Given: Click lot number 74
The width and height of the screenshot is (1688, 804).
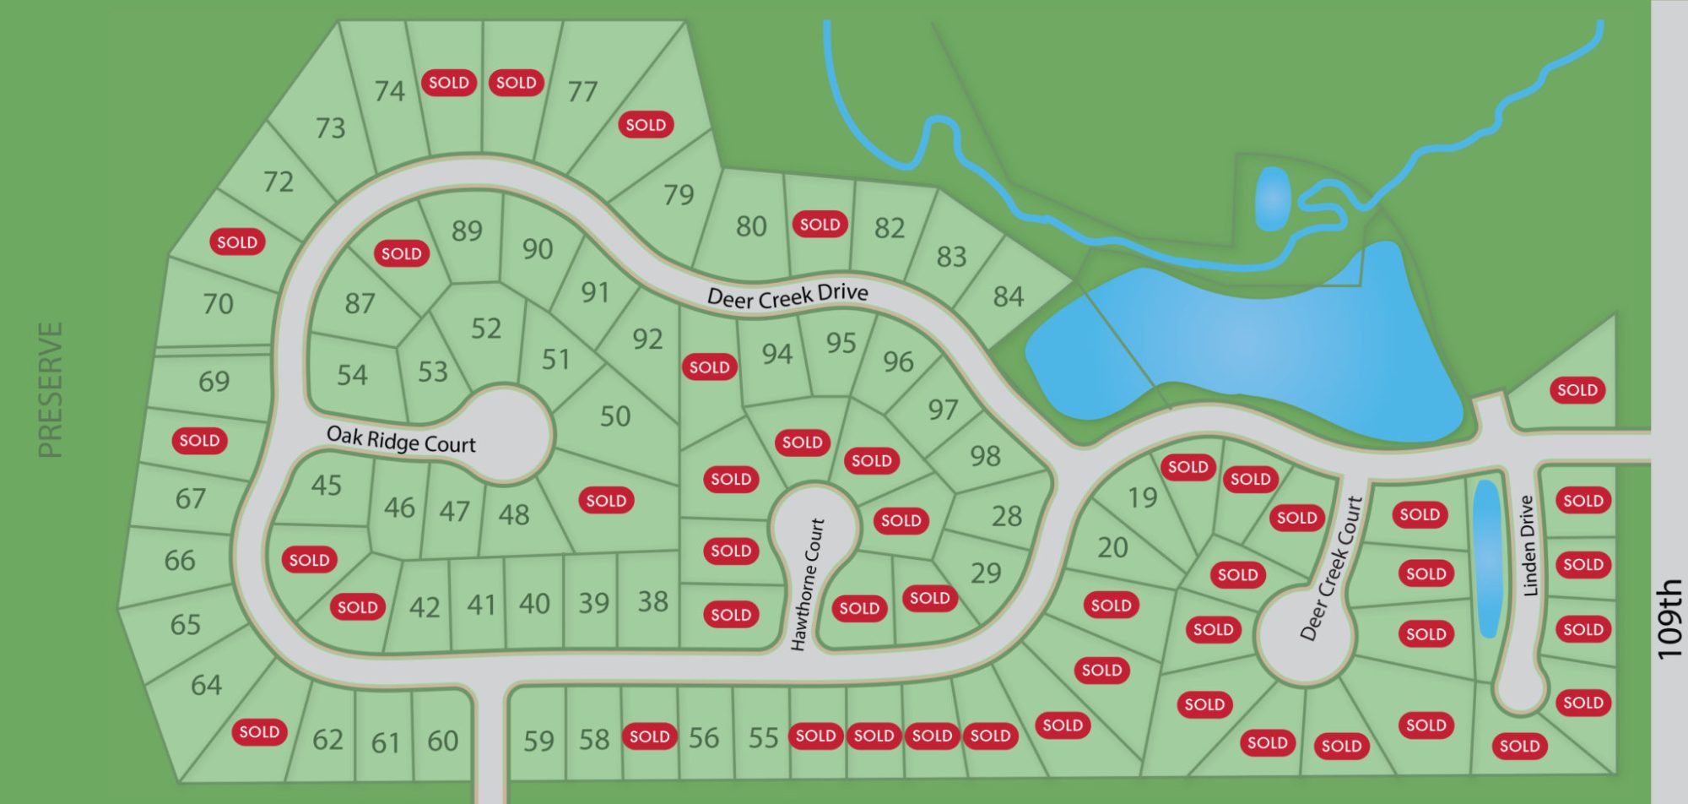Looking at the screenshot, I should tap(390, 90).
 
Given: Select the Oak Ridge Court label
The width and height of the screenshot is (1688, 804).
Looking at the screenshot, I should tap(401, 439).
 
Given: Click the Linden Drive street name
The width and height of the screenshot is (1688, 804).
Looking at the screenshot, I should tap(1528, 546).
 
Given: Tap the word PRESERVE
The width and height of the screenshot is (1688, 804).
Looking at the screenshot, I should tap(51, 389).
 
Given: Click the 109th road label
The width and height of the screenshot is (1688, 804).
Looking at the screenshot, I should tap(1669, 618).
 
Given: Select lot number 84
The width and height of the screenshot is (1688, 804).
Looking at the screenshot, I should tap(1008, 296).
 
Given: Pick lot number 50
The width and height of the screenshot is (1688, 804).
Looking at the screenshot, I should tap(614, 416).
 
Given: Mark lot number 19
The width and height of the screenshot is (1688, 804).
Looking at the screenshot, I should tap(1142, 497).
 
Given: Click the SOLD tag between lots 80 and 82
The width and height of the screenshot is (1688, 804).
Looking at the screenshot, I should tap(820, 225).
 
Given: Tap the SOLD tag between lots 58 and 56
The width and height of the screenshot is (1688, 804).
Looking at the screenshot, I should tap(649, 736).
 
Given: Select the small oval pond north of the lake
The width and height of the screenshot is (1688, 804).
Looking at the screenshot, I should tap(1272, 198).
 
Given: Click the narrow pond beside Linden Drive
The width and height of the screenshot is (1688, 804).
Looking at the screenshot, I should tap(1486, 557).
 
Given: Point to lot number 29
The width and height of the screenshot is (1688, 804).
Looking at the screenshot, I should tap(985, 573).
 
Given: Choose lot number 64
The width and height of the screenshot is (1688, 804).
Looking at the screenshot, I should tap(206, 685).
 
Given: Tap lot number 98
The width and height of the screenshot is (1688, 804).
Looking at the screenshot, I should tap(985, 456).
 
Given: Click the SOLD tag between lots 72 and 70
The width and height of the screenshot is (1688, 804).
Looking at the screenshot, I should tap(237, 242).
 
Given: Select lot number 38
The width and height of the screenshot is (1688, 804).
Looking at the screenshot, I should tap(652, 601).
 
